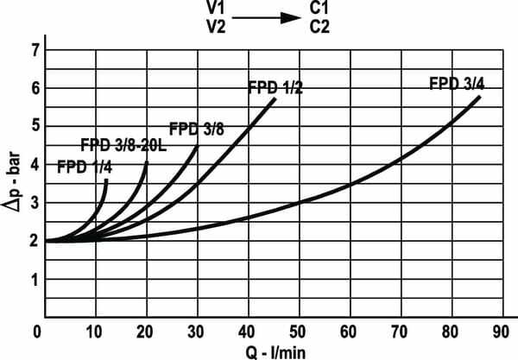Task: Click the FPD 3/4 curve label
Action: pyautogui.click(x=455, y=85)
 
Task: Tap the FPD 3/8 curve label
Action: pyautogui.click(x=196, y=129)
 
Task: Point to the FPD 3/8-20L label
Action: pyautogui.click(x=123, y=145)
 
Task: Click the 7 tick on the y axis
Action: pyautogui.click(x=35, y=51)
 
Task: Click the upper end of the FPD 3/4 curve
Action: pyautogui.click(x=479, y=97)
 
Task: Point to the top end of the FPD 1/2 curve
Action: pyautogui.click(x=275, y=99)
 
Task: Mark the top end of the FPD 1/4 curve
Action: pyautogui.click(x=106, y=180)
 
